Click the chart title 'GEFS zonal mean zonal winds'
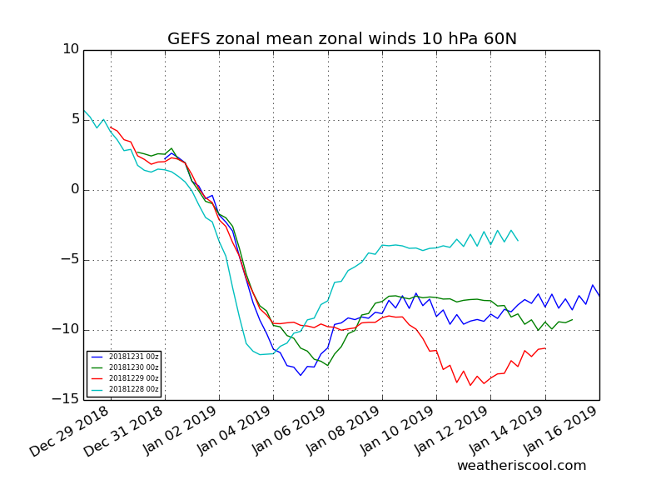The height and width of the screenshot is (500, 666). coord(291,38)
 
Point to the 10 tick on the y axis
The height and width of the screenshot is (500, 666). coord(71,49)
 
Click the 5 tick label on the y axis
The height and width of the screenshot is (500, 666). coord(76,119)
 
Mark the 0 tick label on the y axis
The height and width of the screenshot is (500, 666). coord(76,189)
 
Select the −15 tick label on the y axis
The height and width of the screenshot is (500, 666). coord(66,399)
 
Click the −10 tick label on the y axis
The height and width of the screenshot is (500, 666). coord(66,329)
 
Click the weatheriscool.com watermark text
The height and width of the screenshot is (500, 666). coord(522,466)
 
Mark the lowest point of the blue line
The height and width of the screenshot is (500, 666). coord(301,375)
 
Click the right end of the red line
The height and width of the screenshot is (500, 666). coord(545,348)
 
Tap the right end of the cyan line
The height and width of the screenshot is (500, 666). coord(518,241)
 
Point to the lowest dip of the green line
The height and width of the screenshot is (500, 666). coord(327,365)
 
